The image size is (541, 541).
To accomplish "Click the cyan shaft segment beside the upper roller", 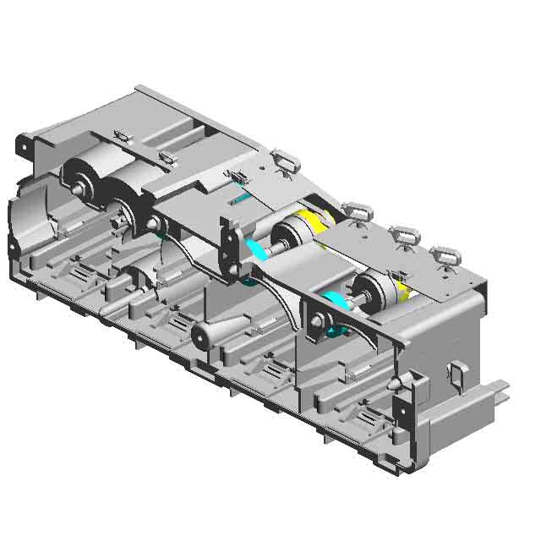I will [x=257, y=249].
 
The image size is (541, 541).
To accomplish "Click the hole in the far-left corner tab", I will [x=25, y=145].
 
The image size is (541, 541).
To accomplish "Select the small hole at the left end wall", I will [x=13, y=246].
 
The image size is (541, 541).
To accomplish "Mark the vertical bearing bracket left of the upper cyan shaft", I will [x=228, y=245].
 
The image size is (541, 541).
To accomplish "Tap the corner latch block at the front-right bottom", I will [x=406, y=414].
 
